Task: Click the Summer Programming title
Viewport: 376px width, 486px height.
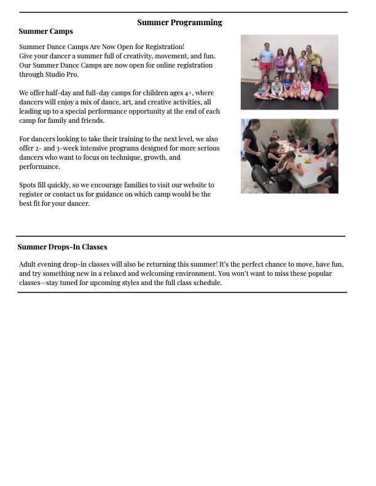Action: (x=179, y=23)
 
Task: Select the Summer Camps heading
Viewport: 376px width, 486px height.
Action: (x=45, y=31)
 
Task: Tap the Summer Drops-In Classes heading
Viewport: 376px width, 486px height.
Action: (x=62, y=247)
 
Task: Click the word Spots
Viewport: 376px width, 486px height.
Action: (x=28, y=185)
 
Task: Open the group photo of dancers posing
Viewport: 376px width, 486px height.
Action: (x=289, y=72)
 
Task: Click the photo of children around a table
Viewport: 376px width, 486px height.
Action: (x=289, y=156)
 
